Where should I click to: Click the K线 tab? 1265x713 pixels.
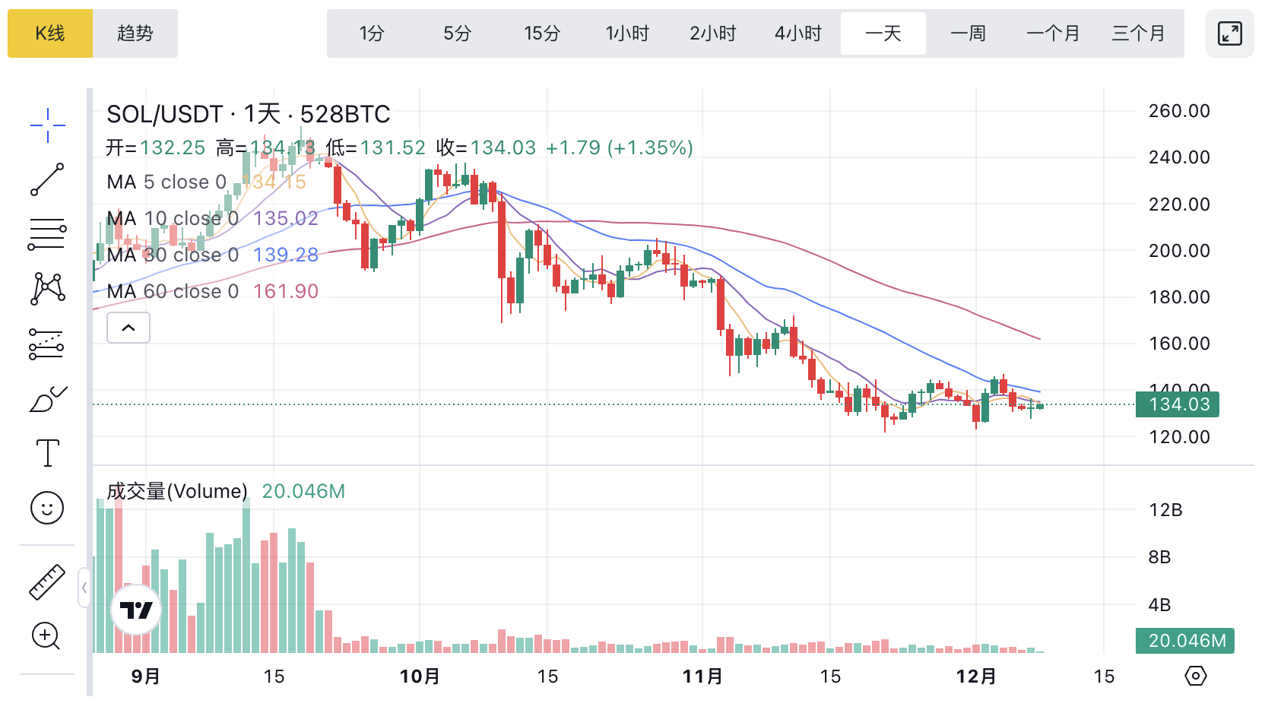tap(50, 33)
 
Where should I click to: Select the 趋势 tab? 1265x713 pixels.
tap(135, 33)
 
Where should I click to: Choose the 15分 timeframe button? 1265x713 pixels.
tap(542, 33)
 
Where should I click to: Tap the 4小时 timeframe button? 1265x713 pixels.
tap(798, 33)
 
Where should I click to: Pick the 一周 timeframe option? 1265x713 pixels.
tap(968, 33)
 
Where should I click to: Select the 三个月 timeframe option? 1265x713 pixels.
tap(1138, 33)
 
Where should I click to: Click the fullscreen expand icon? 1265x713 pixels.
tap(1229, 33)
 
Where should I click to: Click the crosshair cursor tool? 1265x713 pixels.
tap(47, 125)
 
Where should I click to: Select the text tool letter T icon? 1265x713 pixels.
tap(47, 453)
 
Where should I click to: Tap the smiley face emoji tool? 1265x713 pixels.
tap(47, 508)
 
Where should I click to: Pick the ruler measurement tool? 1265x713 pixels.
tap(47, 582)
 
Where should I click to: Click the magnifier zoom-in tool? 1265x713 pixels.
tap(46, 636)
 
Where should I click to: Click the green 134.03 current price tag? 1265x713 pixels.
tap(1177, 404)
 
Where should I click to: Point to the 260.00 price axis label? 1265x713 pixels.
tap(1179, 111)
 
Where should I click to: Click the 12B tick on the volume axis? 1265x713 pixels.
tap(1165, 510)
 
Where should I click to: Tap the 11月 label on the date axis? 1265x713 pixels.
tap(702, 676)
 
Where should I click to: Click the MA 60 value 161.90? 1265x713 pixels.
tap(286, 291)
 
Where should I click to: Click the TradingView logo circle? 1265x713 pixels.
tap(136, 610)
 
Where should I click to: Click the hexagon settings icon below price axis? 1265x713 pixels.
tap(1196, 676)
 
